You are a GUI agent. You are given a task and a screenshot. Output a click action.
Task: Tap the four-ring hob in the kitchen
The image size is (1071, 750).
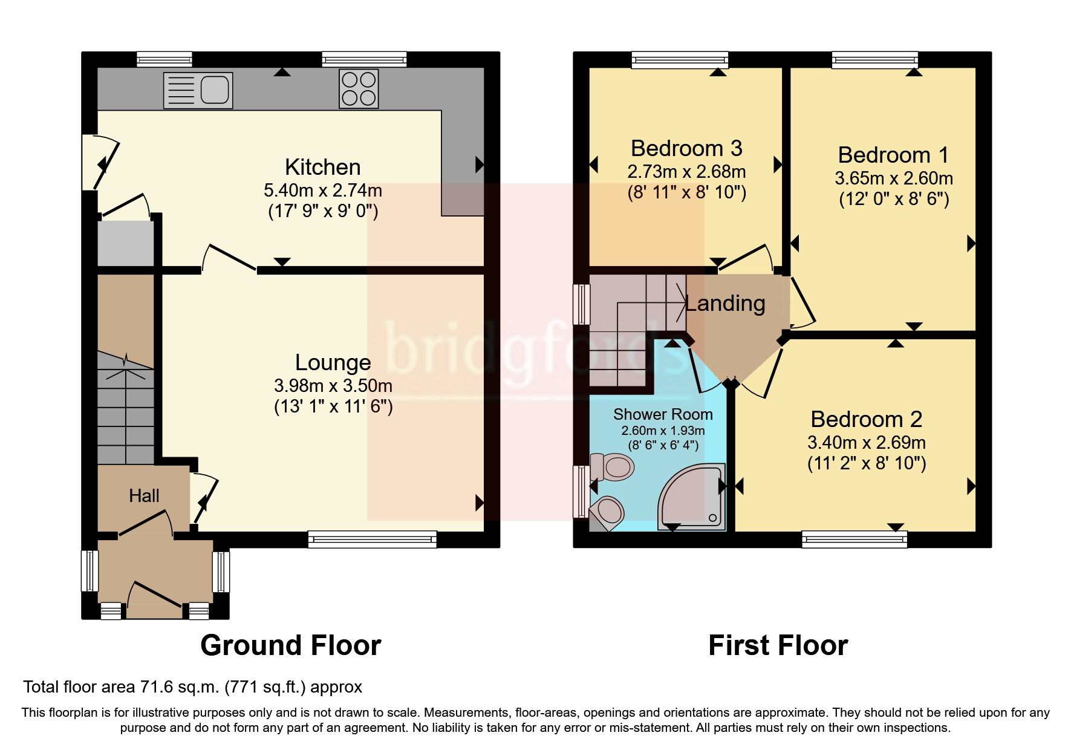pyautogui.click(x=359, y=88)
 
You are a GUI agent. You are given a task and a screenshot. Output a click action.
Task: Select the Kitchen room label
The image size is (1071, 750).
pyautogui.click(x=322, y=167)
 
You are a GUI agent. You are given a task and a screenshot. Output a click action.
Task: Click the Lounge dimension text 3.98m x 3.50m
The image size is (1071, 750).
pyautogui.click(x=333, y=385)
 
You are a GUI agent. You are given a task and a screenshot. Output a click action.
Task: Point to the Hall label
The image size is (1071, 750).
pyautogui.click(x=144, y=496)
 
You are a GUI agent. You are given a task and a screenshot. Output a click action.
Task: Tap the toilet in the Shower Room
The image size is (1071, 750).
pyautogui.click(x=612, y=467)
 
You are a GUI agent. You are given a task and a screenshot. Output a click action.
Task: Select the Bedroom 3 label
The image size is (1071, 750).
pyautogui.click(x=686, y=148)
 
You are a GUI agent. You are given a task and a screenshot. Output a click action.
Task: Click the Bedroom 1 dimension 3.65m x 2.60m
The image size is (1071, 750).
pyautogui.click(x=894, y=178)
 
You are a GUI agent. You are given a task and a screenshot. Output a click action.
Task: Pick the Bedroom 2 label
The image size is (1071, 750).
pyautogui.click(x=866, y=419)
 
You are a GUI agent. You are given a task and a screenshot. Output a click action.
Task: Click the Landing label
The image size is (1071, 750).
pyautogui.click(x=725, y=303)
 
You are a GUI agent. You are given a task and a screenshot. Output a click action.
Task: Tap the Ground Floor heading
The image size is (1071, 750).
pyautogui.click(x=290, y=645)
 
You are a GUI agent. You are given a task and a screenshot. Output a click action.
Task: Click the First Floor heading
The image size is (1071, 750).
pyautogui.click(x=778, y=645)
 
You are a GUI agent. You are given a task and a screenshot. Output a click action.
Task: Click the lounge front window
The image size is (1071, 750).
pyautogui.click(x=372, y=539)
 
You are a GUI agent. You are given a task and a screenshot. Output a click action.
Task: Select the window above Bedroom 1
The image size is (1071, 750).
pyautogui.click(x=875, y=59)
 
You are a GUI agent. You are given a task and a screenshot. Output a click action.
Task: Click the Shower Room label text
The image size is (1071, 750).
pyautogui.click(x=663, y=414)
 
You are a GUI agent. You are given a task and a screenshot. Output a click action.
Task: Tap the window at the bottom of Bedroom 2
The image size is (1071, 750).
pyautogui.click(x=854, y=539)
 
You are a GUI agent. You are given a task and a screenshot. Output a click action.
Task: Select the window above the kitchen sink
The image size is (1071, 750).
pyautogui.click(x=164, y=59)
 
